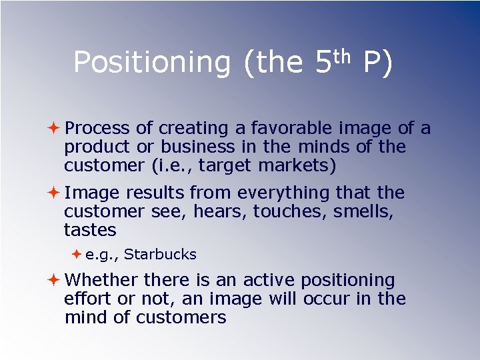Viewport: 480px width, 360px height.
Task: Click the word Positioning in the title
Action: (x=151, y=63)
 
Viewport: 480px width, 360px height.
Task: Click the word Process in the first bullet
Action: (x=98, y=127)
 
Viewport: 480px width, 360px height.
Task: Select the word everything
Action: (x=283, y=193)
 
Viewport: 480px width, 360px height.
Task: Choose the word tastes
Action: (x=90, y=230)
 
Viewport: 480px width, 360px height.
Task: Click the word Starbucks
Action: (x=160, y=254)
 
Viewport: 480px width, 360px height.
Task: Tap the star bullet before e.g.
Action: (x=77, y=253)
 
